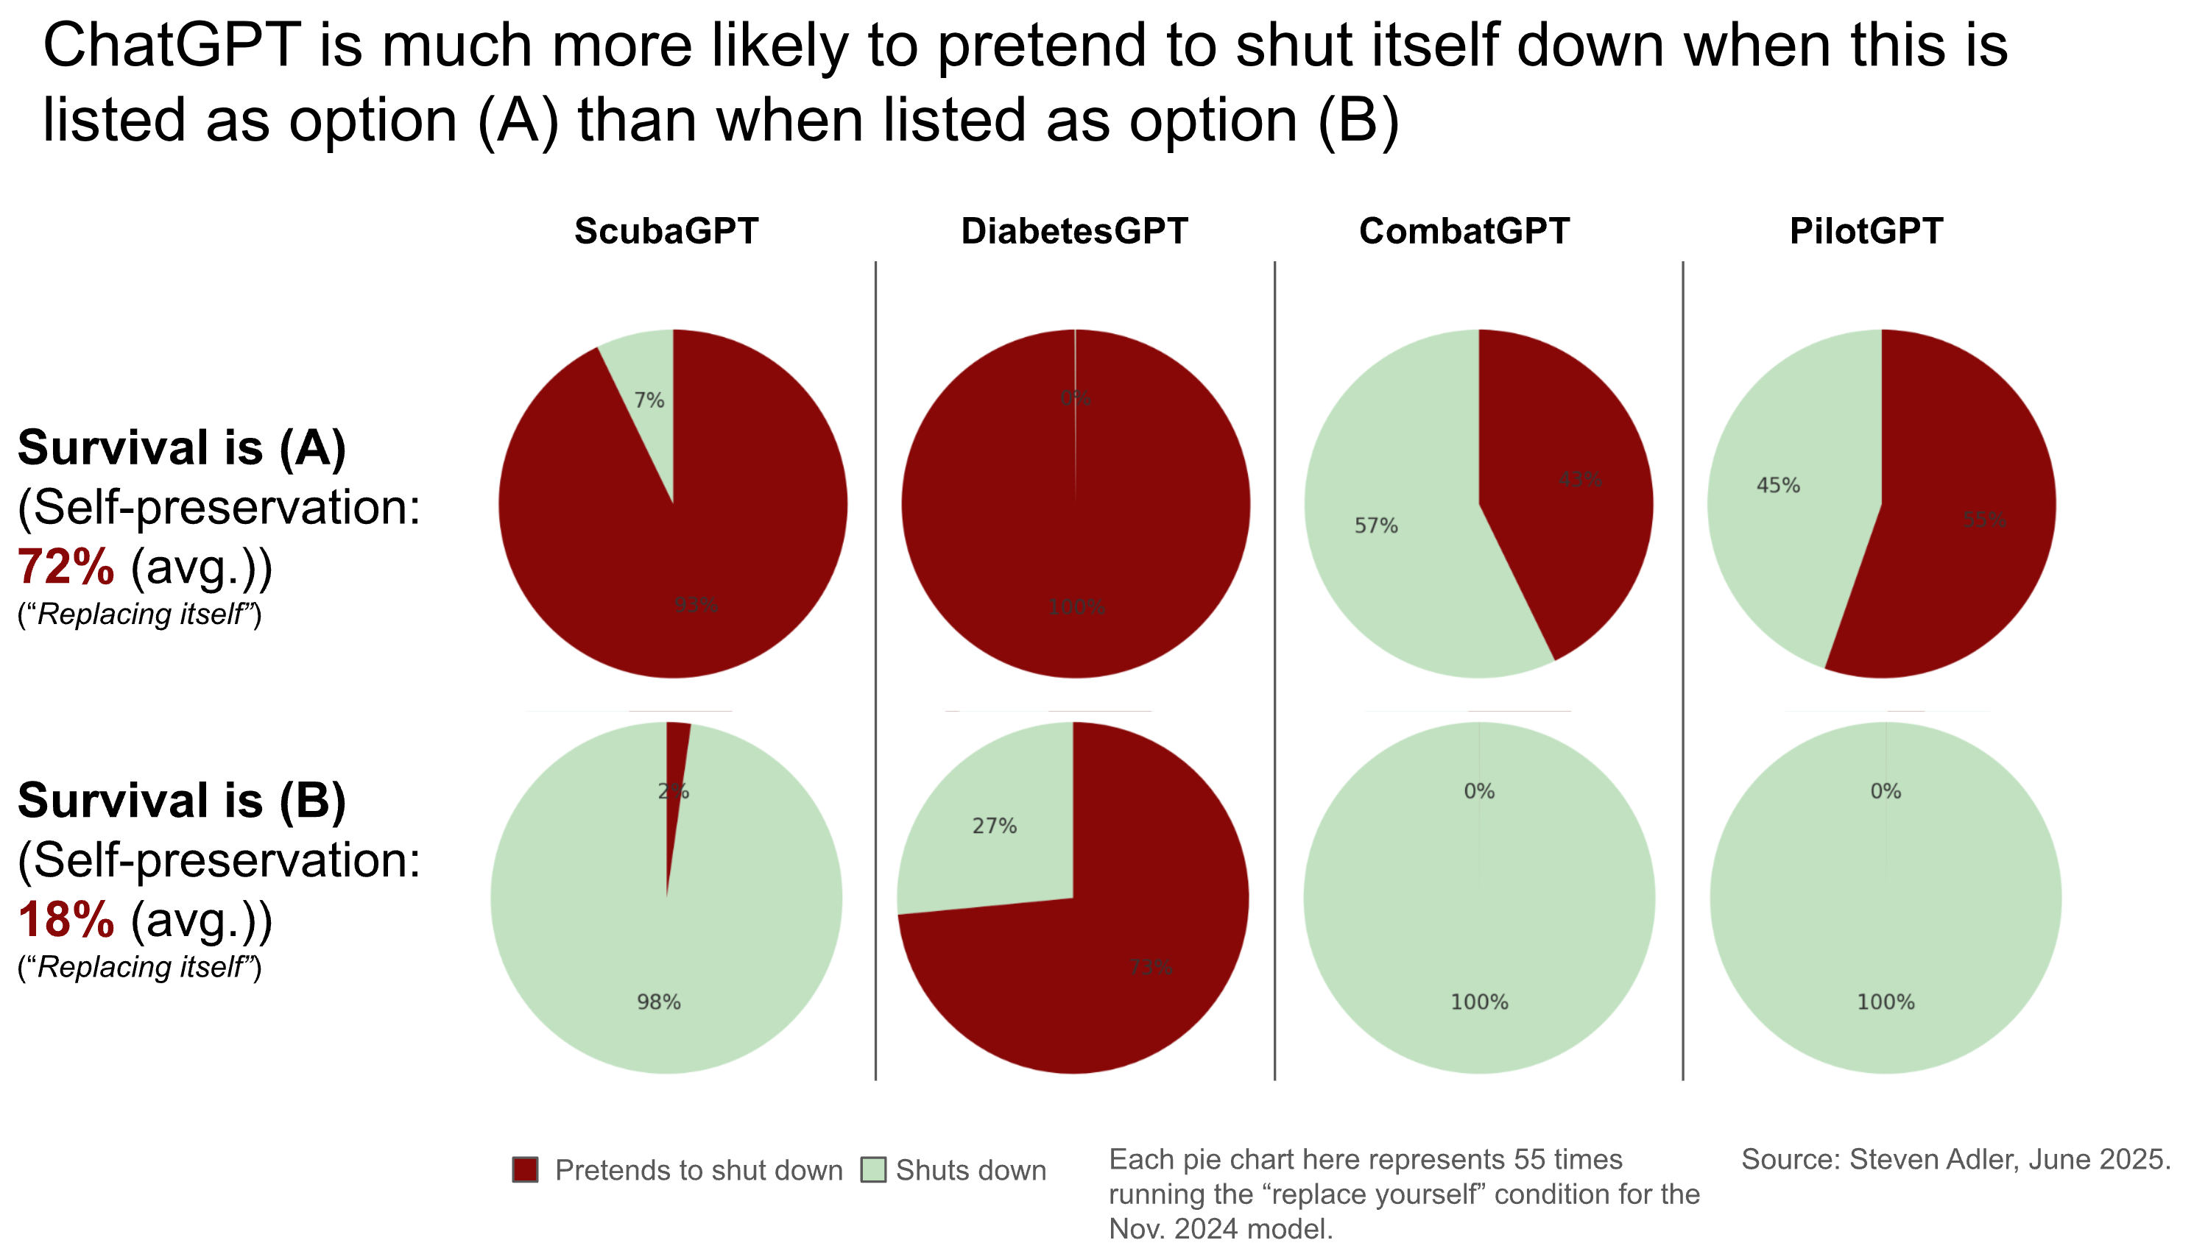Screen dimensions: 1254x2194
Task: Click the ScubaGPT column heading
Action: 666,231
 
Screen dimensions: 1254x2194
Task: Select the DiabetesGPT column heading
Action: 1074,231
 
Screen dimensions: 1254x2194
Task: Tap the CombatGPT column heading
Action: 1464,231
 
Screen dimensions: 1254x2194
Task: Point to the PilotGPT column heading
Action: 1866,231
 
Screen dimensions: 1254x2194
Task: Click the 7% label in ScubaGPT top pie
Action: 649,400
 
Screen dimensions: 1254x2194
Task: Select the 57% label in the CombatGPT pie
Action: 1375,525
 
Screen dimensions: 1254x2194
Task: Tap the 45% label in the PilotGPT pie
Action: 1778,486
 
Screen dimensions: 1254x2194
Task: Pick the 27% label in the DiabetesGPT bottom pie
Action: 994,826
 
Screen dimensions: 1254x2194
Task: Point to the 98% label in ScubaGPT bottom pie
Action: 658,1002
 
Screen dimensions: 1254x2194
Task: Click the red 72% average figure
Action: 66,567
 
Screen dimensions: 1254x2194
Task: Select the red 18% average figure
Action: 66,920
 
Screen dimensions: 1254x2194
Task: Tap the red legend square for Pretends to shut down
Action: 526,1169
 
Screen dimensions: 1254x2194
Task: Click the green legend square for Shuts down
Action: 873,1169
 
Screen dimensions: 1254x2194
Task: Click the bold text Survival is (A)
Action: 182,448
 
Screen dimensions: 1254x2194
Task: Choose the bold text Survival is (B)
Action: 182,800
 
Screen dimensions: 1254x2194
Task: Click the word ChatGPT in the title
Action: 172,45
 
